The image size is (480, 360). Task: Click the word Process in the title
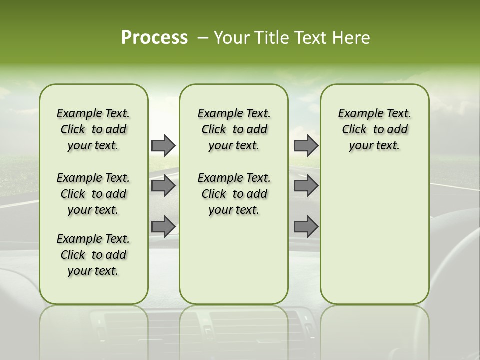(154, 38)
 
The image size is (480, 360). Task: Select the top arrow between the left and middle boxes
(163, 145)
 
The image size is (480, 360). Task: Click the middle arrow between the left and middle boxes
(163, 186)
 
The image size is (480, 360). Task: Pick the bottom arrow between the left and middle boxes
(163, 227)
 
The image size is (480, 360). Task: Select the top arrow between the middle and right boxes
(306, 145)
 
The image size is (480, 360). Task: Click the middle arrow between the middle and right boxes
(306, 186)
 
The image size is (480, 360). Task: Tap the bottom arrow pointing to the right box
(306, 227)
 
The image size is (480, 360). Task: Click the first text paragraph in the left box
(93, 129)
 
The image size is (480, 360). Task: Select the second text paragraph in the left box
(93, 194)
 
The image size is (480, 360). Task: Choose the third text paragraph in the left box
(93, 255)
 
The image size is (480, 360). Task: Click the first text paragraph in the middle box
(234, 129)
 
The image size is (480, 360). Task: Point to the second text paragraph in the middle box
(234, 194)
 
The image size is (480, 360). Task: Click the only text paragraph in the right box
(374, 129)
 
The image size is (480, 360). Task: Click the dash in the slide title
(203, 38)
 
